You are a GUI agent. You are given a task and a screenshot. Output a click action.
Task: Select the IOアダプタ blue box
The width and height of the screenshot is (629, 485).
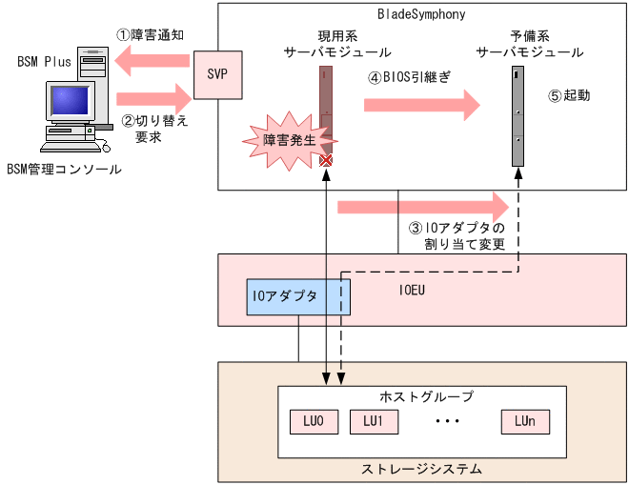[298, 297]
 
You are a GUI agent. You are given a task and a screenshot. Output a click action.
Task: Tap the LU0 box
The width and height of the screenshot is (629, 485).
[314, 420]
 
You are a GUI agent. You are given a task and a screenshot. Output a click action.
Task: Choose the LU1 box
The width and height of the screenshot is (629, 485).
[373, 420]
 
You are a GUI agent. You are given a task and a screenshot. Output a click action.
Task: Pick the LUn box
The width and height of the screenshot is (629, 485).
[524, 420]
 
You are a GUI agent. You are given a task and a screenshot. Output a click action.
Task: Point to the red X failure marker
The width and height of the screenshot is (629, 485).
[326, 160]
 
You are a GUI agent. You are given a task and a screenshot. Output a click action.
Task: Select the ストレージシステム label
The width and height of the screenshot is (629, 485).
[421, 469]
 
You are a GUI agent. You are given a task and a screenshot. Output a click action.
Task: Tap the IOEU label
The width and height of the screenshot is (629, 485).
[411, 285]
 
